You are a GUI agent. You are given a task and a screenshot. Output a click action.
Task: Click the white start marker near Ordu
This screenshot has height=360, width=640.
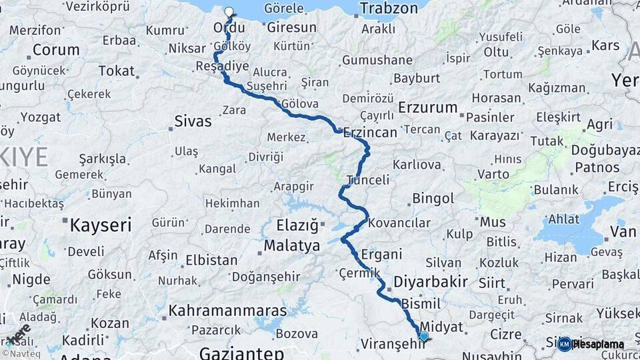pos(229,12)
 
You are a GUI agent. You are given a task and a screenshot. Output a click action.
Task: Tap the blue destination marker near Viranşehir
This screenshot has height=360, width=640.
pos(423,335)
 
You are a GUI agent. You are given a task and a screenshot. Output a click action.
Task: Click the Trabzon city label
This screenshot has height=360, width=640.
pos(389,9)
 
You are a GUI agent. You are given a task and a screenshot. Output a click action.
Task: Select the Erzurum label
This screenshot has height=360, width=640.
pos(428,107)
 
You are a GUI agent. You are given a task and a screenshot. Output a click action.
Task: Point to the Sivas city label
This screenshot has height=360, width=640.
pos(193,121)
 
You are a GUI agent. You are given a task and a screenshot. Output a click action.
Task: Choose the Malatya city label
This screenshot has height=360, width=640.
pos(292,246)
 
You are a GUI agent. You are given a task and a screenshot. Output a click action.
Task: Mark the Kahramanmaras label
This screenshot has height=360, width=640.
pos(227,311)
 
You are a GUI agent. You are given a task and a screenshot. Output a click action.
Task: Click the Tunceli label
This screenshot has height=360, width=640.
pos(368,180)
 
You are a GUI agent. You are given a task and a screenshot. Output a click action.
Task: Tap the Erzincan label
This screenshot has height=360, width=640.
pos(370,132)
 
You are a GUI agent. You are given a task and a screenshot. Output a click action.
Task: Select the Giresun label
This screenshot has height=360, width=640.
pos(291,28)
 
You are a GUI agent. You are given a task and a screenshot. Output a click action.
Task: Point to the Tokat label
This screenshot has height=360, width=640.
pos(117,71)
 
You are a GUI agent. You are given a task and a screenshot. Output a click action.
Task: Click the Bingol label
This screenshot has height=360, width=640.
pos(433,198)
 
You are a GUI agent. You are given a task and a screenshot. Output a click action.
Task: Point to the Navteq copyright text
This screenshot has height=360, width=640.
pos(20,354)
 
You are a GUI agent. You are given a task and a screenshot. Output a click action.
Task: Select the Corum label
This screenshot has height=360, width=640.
pos(55,50)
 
